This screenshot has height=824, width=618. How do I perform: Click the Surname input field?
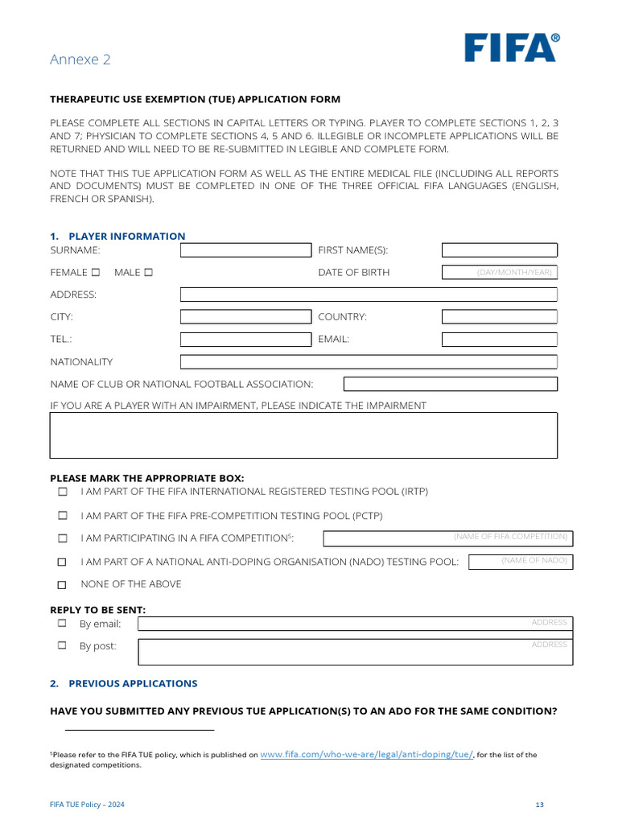[x=245, y=250]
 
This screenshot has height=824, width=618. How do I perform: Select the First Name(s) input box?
[x=499, y=250]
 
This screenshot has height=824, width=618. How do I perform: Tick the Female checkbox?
[x=96, y=273]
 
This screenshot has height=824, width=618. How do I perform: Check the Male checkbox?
[x=148, y=273]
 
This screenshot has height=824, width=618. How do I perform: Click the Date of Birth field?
[x=499, y=273]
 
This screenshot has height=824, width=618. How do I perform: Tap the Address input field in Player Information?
[x=369, y=295]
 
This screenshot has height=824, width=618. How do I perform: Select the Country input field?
[x=499, y=317]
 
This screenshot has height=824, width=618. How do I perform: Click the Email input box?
[x=499, y=340]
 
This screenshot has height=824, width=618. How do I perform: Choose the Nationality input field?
[x=369, y=362]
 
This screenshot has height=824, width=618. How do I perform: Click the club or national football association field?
[x=450, y=385]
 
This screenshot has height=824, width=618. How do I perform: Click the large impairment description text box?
[x=303, y=435]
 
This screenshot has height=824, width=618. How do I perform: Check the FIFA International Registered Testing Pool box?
[x=62, y=492]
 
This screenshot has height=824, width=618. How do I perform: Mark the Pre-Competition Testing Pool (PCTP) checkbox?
[x=62, y=516]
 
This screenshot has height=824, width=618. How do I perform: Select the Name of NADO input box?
[x=520, y=562]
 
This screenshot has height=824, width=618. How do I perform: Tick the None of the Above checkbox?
[x=62, y=585]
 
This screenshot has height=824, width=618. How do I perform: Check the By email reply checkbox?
[x=62, y=624]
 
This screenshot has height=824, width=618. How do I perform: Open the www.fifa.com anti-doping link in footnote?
[x=367, y=755]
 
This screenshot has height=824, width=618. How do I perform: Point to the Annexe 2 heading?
[x=80, y=60]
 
